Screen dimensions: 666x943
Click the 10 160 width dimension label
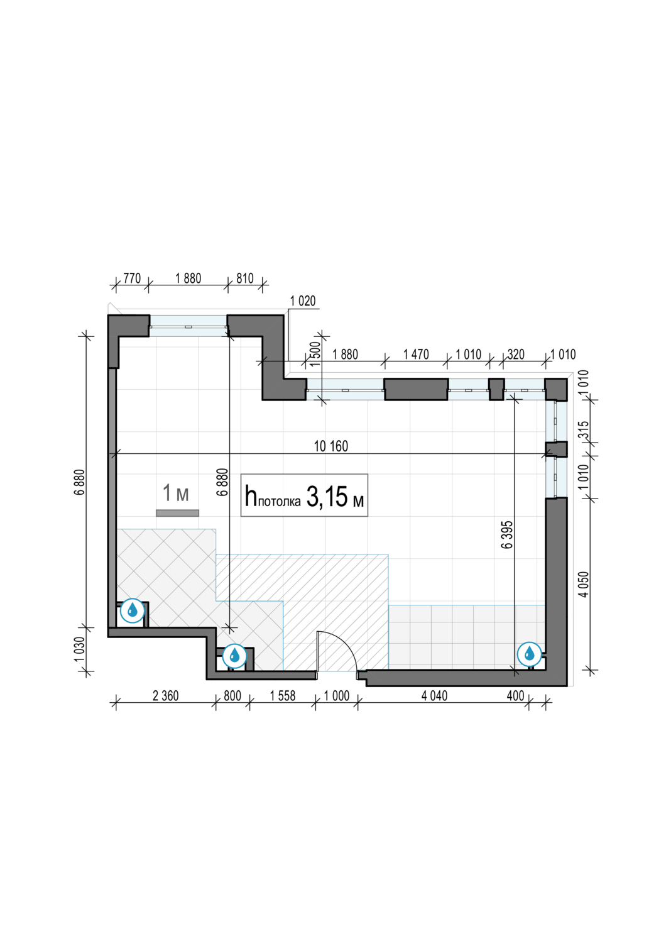(331, 446)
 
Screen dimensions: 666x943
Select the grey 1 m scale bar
(177, 513)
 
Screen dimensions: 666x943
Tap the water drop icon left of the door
(234, 656)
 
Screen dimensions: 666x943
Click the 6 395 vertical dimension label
(507, 534)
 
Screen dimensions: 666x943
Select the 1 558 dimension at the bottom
(283, 696)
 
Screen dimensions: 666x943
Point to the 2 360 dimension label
(165, 696)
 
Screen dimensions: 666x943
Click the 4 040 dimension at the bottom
(434, 696)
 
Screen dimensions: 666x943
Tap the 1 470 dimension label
(416, 355)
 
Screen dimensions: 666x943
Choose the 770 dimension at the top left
(132, 278)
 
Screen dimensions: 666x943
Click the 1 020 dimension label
(302, 301)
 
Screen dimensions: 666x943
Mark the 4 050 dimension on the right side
(583, 584)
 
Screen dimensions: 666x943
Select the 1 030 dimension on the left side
(80, 649)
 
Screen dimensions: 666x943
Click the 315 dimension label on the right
(583, 431)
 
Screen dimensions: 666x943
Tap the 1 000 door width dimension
(337, 696)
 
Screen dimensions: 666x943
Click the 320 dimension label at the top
(516, 355)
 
